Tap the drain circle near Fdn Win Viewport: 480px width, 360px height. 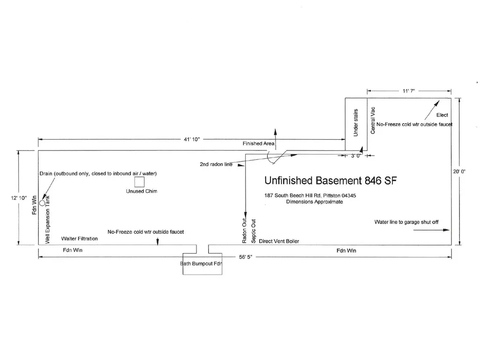pos(42,203)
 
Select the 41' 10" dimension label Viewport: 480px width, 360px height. pos(192,139)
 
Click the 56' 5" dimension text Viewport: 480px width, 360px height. pos(246,257)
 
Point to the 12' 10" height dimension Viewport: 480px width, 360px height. pos(19,198)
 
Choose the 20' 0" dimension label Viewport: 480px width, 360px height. pos(459,172)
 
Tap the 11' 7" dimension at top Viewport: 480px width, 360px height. pos(409,91)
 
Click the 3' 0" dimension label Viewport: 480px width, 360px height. pos(356,156)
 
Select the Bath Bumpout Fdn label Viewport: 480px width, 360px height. pos(201,263)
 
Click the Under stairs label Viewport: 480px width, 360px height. pos(356,122)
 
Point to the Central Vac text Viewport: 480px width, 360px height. pos(373,120)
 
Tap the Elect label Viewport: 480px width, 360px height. pos(442,115)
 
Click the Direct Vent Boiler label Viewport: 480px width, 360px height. pos(279,241)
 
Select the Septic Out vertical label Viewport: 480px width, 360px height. pos(253,231)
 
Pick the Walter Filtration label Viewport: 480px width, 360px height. pos(80,239)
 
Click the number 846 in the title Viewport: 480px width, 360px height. pos(373,180)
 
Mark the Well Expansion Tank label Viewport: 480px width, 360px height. pos(47,220)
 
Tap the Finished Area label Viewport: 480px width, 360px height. pos(258,143)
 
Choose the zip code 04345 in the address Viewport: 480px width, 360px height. pos(349,195)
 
